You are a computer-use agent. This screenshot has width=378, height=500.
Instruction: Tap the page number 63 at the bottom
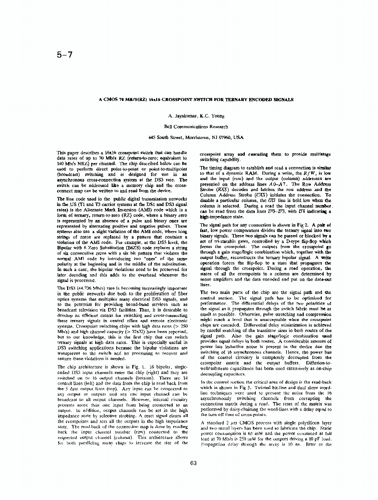(193, 462)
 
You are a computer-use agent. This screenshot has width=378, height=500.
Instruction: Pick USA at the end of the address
(238, 137)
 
